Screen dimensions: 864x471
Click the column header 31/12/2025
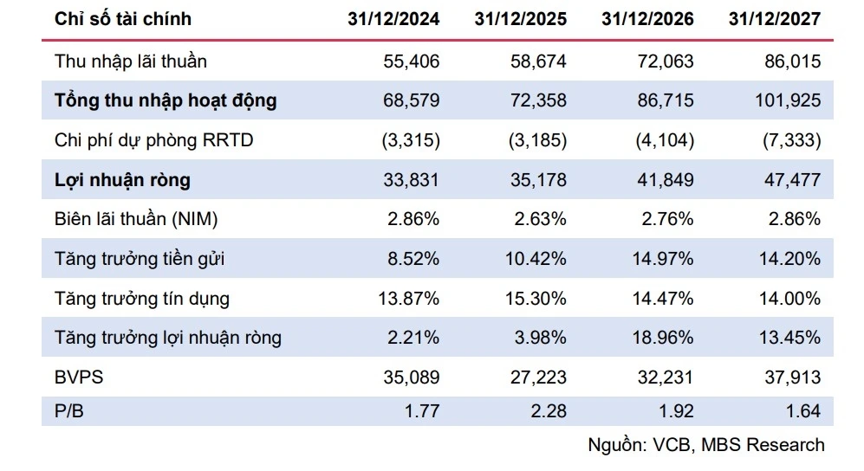(x=520, y=19)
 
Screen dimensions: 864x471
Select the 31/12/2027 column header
(x=774, y=19)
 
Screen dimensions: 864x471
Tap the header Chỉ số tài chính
(x=123, y=19)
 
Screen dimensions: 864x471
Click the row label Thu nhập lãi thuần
(x=131, y=61)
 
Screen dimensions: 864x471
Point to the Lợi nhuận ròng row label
(x=122, y=180)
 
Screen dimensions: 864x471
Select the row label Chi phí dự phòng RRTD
(x=153, y=140)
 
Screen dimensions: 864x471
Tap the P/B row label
(x=68, y=411)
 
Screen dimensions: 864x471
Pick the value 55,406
(x=412, y=61)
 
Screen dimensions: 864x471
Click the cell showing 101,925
(x=788, y=100)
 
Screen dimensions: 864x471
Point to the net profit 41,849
(x=666, y=180)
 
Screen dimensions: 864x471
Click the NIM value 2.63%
(x=540, y=219)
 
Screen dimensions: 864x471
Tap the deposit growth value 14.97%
(x=662, y=259)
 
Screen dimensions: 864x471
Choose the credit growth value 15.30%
(x=536, y=298)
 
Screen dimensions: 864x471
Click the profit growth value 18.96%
(x=662, y=338)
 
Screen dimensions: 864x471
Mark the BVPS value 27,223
(x=538, y=377)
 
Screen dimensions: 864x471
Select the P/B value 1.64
(x=803, y=411)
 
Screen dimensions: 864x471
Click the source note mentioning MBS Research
(x=706, y=444)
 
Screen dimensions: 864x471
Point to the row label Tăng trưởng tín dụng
(x=141, y=299)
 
